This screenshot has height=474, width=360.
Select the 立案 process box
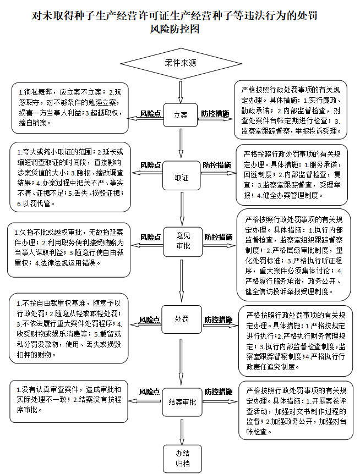click(x=180, y=115)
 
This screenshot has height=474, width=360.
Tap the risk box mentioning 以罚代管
click(x=70, y=176)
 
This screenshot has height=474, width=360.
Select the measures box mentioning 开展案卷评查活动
click(x=296, y=409)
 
